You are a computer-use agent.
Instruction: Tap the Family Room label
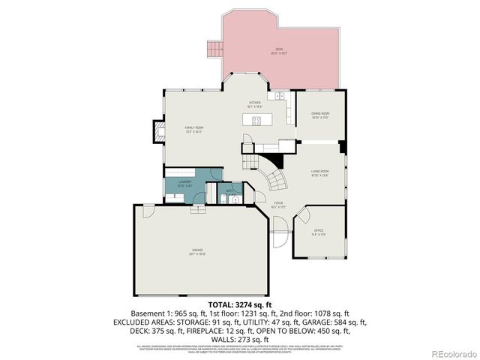(x=194, y=128)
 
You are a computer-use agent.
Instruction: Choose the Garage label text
(x=197, y=250)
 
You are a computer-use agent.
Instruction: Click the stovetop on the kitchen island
(x=256, y=120)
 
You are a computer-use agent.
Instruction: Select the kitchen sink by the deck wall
(x=278, y=97)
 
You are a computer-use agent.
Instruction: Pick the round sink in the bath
(x=235, y=200)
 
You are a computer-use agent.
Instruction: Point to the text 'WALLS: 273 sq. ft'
(x=239, y=338)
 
